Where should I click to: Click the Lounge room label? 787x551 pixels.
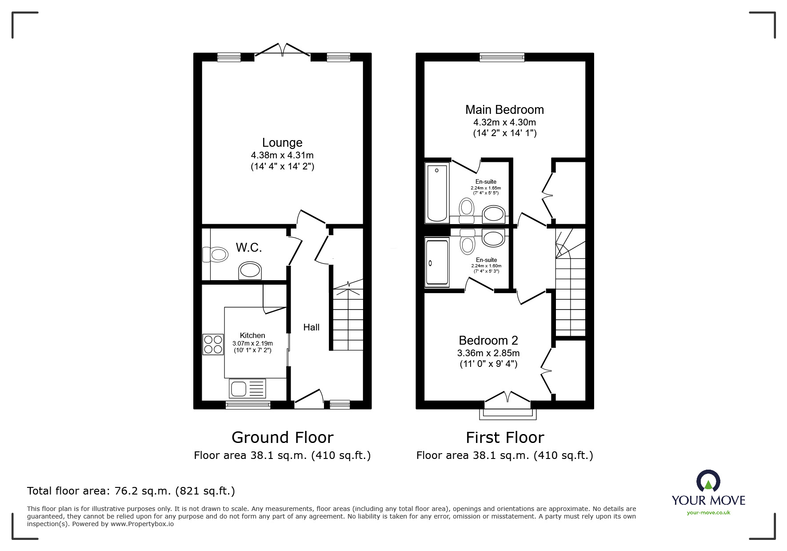click(x=282, y=143)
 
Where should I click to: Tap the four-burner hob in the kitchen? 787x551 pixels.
click(x=213, y=344)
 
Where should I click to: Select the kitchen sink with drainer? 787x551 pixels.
click(x=248, y=388)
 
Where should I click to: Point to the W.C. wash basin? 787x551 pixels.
click(x=250, y=270)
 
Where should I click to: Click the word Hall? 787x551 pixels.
click(x=311, y=327)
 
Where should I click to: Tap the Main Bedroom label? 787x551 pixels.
click(x=504, y=110)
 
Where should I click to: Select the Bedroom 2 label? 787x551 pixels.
click(x=488, y=341)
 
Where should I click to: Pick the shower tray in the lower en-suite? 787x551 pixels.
click(x=437, y=262)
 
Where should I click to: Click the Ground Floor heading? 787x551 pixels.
click(x=282, y=438)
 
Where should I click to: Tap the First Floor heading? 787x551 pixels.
click(x=505, y=438)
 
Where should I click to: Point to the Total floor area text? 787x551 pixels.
click(x=131, y=491)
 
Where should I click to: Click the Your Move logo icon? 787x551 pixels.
click(x=708, y=481)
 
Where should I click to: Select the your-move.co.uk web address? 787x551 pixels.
click(x=708, y=513)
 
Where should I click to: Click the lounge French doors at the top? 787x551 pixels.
click(x=282, y=49)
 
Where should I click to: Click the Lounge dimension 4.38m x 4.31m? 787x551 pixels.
click(x=282, y=156)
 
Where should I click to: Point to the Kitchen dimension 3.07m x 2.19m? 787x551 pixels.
click(x=252, y=343)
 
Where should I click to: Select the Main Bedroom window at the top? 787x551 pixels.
click(x=502, y=57)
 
